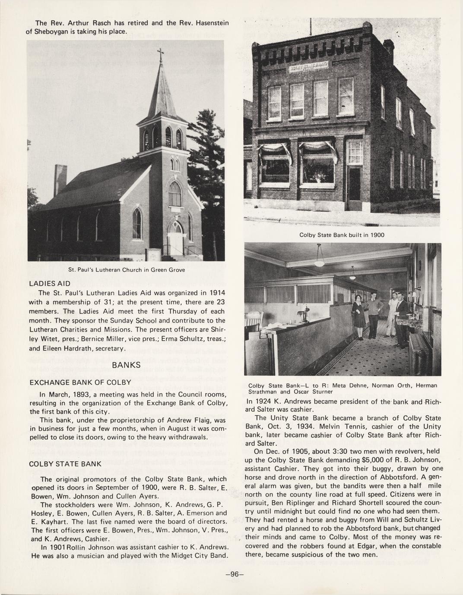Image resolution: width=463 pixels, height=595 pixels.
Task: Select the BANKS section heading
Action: (126, 365)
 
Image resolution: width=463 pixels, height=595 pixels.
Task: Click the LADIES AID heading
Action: (49, 284)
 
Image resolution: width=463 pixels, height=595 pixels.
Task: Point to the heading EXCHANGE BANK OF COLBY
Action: (80, 382)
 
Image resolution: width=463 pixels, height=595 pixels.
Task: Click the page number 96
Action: (235, 574)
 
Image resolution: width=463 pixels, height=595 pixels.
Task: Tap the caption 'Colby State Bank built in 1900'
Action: (342, 235)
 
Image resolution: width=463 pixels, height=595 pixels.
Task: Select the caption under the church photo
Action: (127, 270)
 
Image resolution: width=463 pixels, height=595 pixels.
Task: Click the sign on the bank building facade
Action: (308, 67)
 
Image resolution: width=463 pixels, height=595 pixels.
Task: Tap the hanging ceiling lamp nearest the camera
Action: (319, 259)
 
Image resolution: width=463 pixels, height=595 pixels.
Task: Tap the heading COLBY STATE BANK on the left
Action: (65, 464)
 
